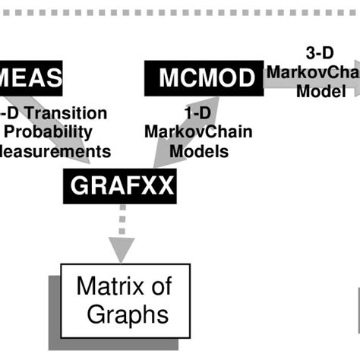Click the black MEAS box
point(30,77)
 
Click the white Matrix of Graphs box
point(125,300)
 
